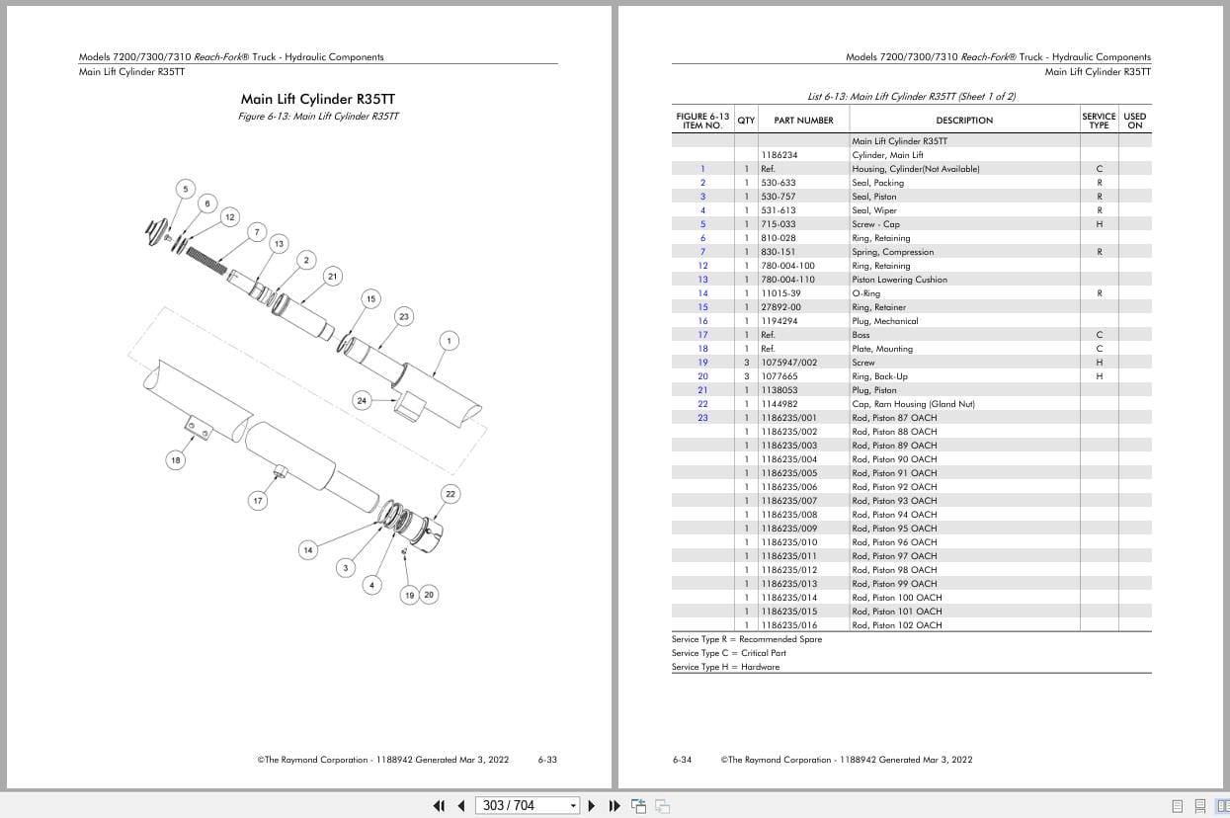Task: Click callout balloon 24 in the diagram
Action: coord(362,401)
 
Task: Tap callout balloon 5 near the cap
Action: coord(186,189)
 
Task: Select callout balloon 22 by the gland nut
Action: coord(451,494)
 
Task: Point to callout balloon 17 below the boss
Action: coord(258,501)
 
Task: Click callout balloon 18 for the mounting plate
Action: coord(175,460)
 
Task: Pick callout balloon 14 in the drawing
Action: coord(308,550)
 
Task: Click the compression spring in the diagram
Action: coord(205,260)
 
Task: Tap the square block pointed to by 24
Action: coord(410,406)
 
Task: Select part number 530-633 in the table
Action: coord(779,183)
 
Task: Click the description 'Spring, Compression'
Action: coord(892,252)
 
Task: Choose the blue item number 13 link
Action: coord(702,280)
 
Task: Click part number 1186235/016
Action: coord(788,625)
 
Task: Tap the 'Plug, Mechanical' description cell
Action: coord(884,321)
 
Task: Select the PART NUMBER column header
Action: coord(803,121)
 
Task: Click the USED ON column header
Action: coord(1134,121)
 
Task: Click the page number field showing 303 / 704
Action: coord(527,805)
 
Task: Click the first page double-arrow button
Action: coord(439,805)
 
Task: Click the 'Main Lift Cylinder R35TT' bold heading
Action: coord(318,99)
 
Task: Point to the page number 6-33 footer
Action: coord(547,760)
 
